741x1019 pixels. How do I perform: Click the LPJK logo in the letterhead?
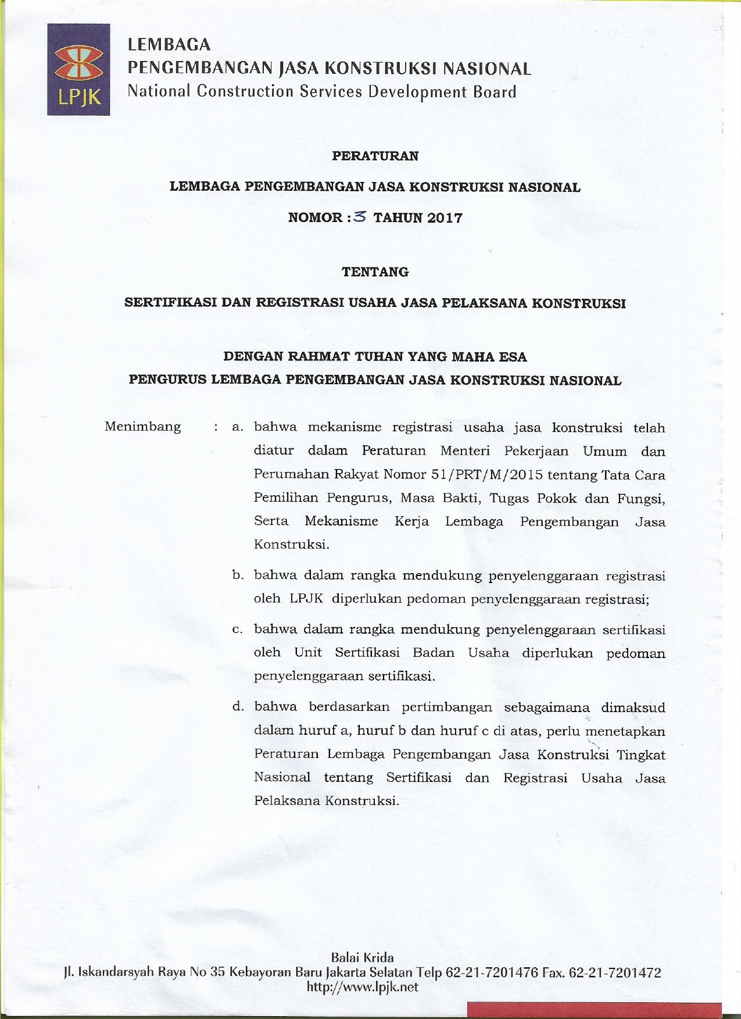pyautogui.click(x=78, y=69)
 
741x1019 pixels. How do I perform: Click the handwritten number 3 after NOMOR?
pyautogui.click(x=360, y=217)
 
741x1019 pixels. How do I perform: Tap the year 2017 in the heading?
pyautogui.click(x=445, y=218)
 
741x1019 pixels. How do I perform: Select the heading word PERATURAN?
pyautogui.click(x=375, y=156)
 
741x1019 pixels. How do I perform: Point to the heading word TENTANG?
pyautogui.click(x=375, y=271)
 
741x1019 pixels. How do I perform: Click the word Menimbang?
pyautogui.click(x=142, y=427)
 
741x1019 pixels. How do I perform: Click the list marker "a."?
pyautogui.click(x=237, y=427)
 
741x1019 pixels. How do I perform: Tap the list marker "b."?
pyautogui.click(x=237, y=575)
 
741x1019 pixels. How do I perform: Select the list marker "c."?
pyautogui.click(x=237, y=630)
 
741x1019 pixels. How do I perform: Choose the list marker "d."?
pyautogui.click(x=237, y=707)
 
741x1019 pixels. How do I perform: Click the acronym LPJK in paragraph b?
pyautogui.click(x=306, y=599)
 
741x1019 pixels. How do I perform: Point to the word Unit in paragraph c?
pyautogui.click(x=308, y=652)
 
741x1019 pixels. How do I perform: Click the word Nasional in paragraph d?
pyautogui.click(x=282, y=777)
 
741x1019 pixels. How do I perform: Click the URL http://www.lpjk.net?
pyautogui.click(x=362, y=986)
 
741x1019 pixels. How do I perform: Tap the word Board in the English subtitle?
pyautogui.click(x=494, y=92)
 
